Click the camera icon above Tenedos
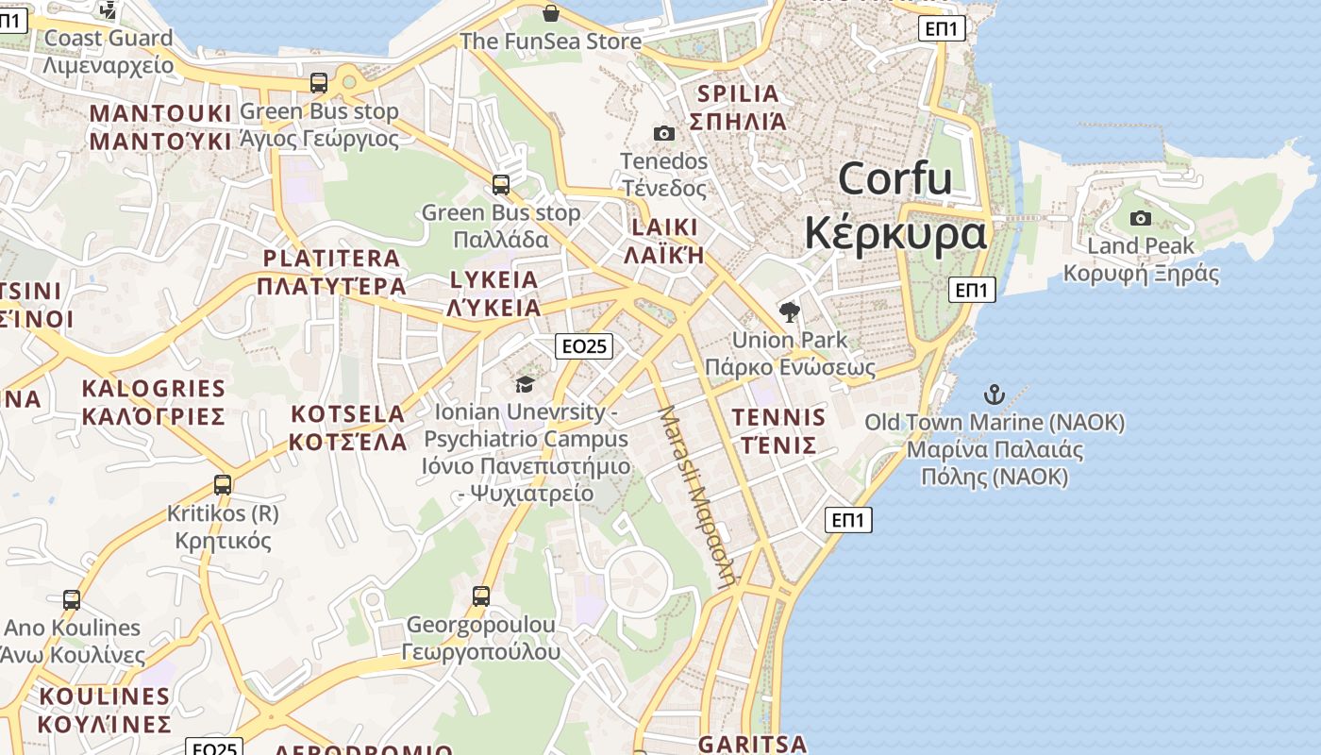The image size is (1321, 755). (664, 133)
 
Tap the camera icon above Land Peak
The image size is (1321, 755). (1141, 219)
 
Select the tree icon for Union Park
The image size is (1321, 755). (789, 311)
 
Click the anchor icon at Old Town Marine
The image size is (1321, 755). (994, 394)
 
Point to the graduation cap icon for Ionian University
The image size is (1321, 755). (525, 384)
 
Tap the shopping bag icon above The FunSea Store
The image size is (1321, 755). (551, 13)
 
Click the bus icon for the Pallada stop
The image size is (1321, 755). (501, 184)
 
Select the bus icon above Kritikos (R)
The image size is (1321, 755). (223, 485)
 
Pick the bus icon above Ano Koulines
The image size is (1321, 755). (72, 599)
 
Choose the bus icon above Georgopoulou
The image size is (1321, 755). (481, 596)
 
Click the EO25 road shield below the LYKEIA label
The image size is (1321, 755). (583, 346)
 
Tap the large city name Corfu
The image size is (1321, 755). (895, 178)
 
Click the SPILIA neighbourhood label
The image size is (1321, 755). (738, 94)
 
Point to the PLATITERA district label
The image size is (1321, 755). (331, 259)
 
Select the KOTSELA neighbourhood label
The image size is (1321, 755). (347, 414)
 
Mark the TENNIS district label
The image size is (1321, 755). (778, 417)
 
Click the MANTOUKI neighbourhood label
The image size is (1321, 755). (160, 114)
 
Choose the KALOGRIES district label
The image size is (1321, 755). (153, 389)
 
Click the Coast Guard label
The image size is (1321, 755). (109, 39)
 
